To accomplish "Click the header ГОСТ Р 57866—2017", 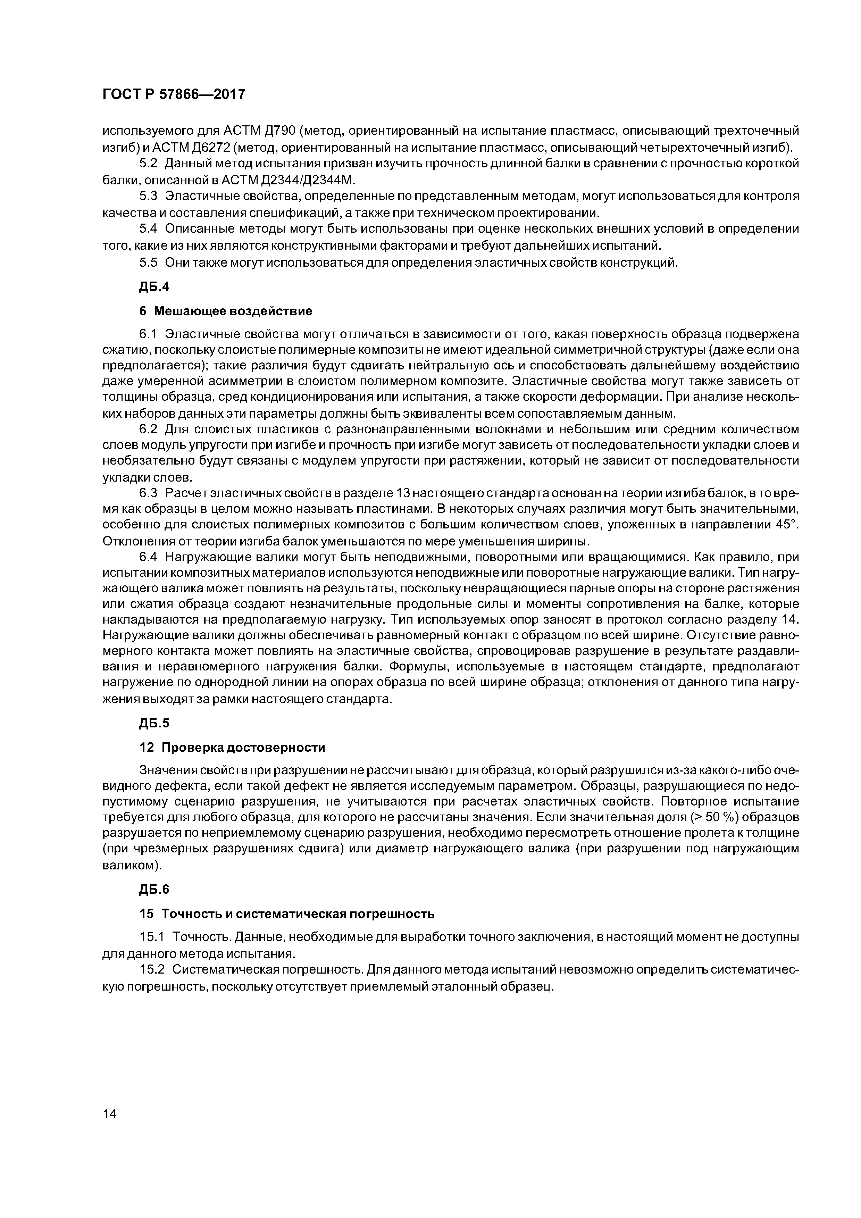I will coord(174,94).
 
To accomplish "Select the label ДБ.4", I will coord(154,287).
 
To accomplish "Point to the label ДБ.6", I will coord(154,890).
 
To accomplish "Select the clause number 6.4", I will coord(149,558).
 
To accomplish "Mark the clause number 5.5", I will coord(149,262).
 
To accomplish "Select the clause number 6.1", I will coord(149,334).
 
